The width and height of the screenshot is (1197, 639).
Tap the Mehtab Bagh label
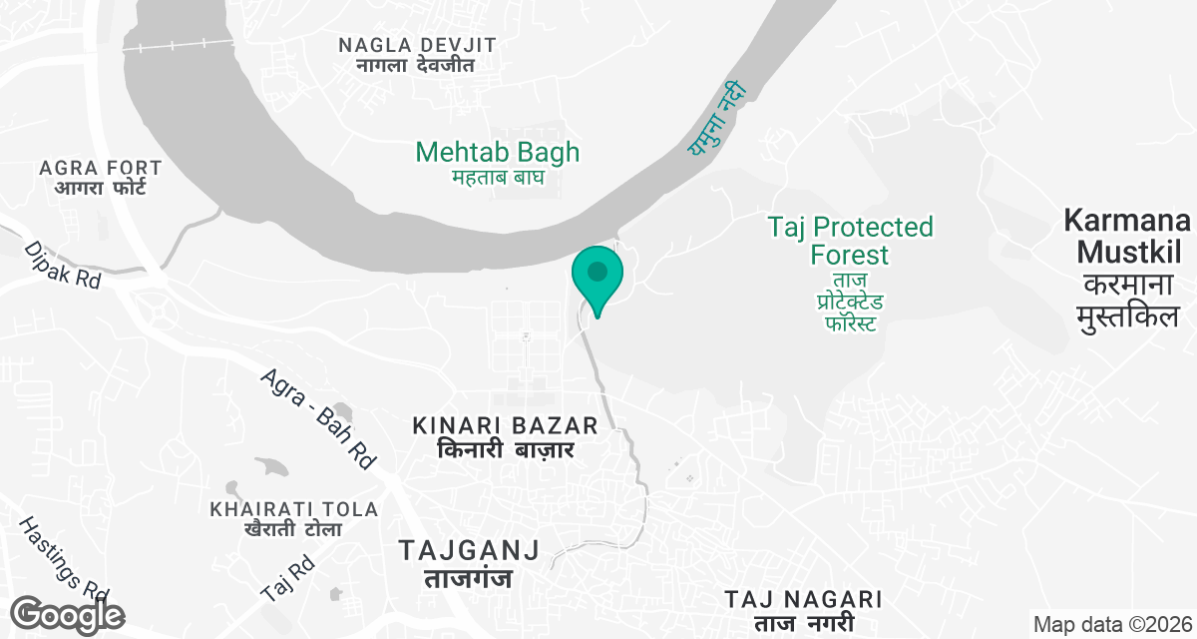[x=497, y=153]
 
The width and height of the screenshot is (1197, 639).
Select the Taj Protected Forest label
[x=851, y=240]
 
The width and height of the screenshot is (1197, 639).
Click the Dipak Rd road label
[x=63, y=265]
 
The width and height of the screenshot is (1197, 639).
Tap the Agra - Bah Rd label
[x=318, y=418]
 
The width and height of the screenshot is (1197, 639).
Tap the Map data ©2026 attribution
[x=1112, y=625]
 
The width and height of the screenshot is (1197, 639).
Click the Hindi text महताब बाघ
[x=497, y=178]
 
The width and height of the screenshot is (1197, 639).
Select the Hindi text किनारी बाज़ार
[x=505, y=450]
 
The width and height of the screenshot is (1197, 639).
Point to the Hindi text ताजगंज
[x=469, y=578]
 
